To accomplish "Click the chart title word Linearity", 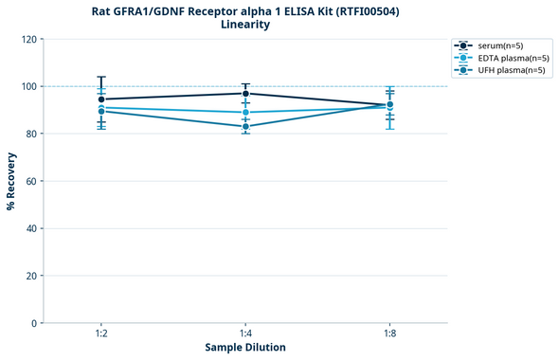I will [x=244, y=25].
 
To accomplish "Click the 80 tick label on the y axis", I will [x=30, y=134].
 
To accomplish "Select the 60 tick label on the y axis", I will [x=30, y=181].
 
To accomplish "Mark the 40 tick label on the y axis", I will [x=30, y=228].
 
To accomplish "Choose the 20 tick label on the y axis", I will [x=30, y=276].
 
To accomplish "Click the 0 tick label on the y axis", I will [x=33, y=323].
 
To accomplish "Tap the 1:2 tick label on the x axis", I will [x=100, y=334].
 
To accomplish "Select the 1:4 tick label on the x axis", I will [x=245, y=334].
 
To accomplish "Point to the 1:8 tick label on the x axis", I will [x=390, y=334].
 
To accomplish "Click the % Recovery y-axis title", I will [x=11, y=180].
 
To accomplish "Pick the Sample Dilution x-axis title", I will [x=245, y=348].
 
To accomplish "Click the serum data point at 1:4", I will [x=245, y=93].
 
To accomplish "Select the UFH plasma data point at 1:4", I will [x=245, y=126].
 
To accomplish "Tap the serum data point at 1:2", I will [x=100, y=99].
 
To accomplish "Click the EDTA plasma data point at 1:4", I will [x=245, y=112].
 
